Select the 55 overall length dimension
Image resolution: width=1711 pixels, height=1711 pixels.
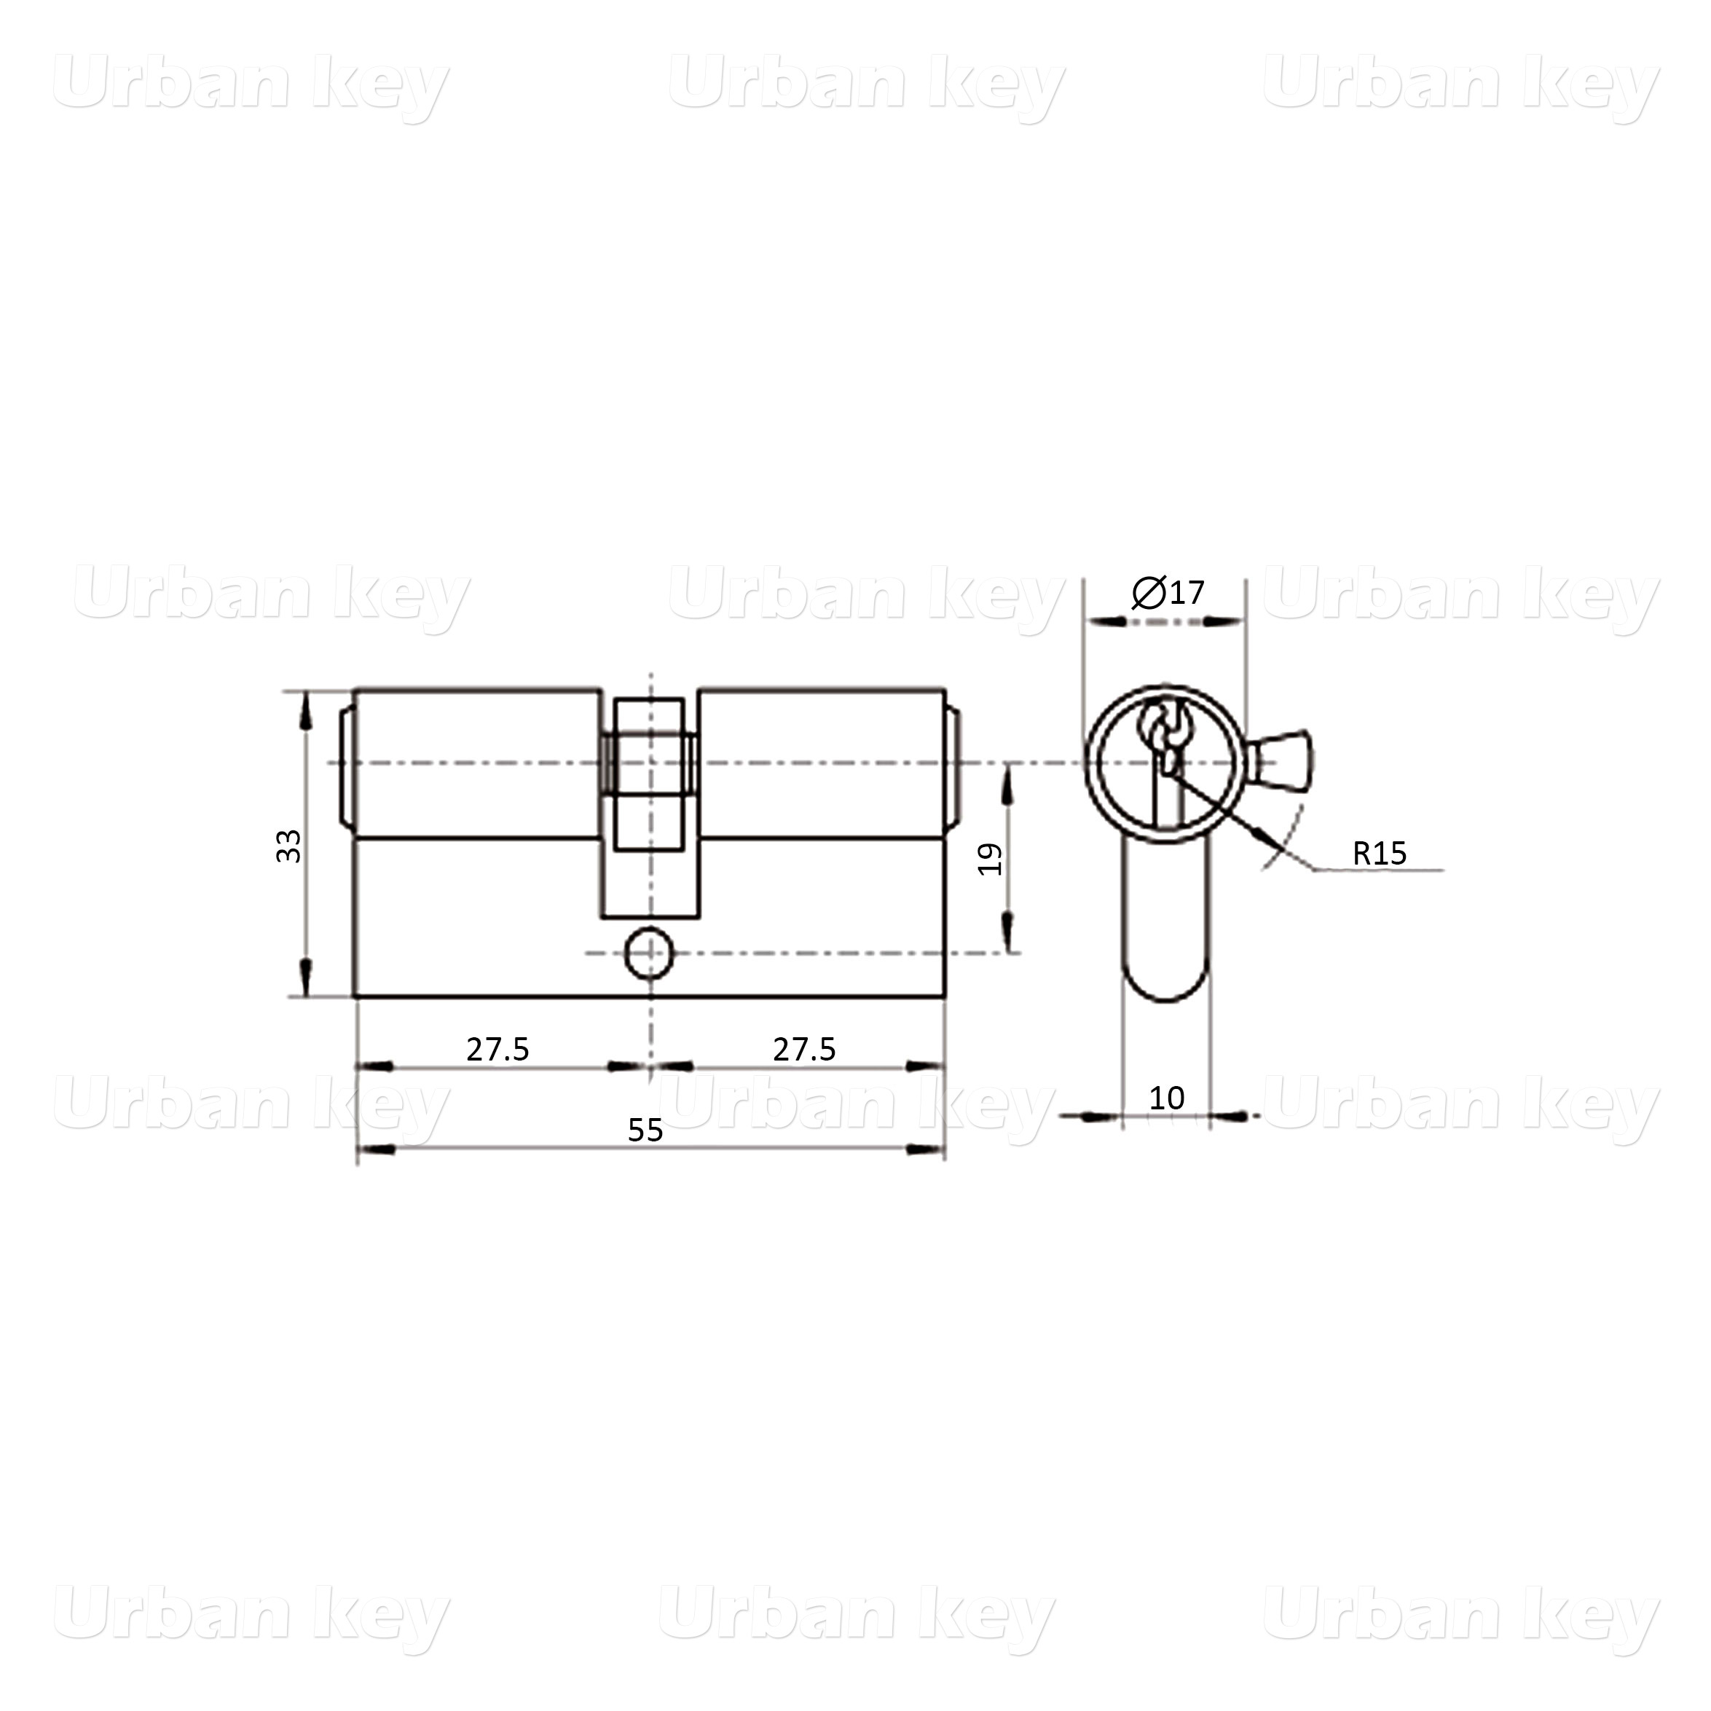[645, 1130]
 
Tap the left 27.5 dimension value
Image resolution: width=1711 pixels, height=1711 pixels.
[497, 1050]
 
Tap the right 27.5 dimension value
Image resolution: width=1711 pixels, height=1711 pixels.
[804, 1050]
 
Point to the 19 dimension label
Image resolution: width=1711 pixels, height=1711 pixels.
[990, 859]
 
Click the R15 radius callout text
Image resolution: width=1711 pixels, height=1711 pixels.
[1379, 853]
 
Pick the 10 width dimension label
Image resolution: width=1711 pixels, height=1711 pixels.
[1166, 1098]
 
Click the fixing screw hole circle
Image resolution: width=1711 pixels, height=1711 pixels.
[649, 953]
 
